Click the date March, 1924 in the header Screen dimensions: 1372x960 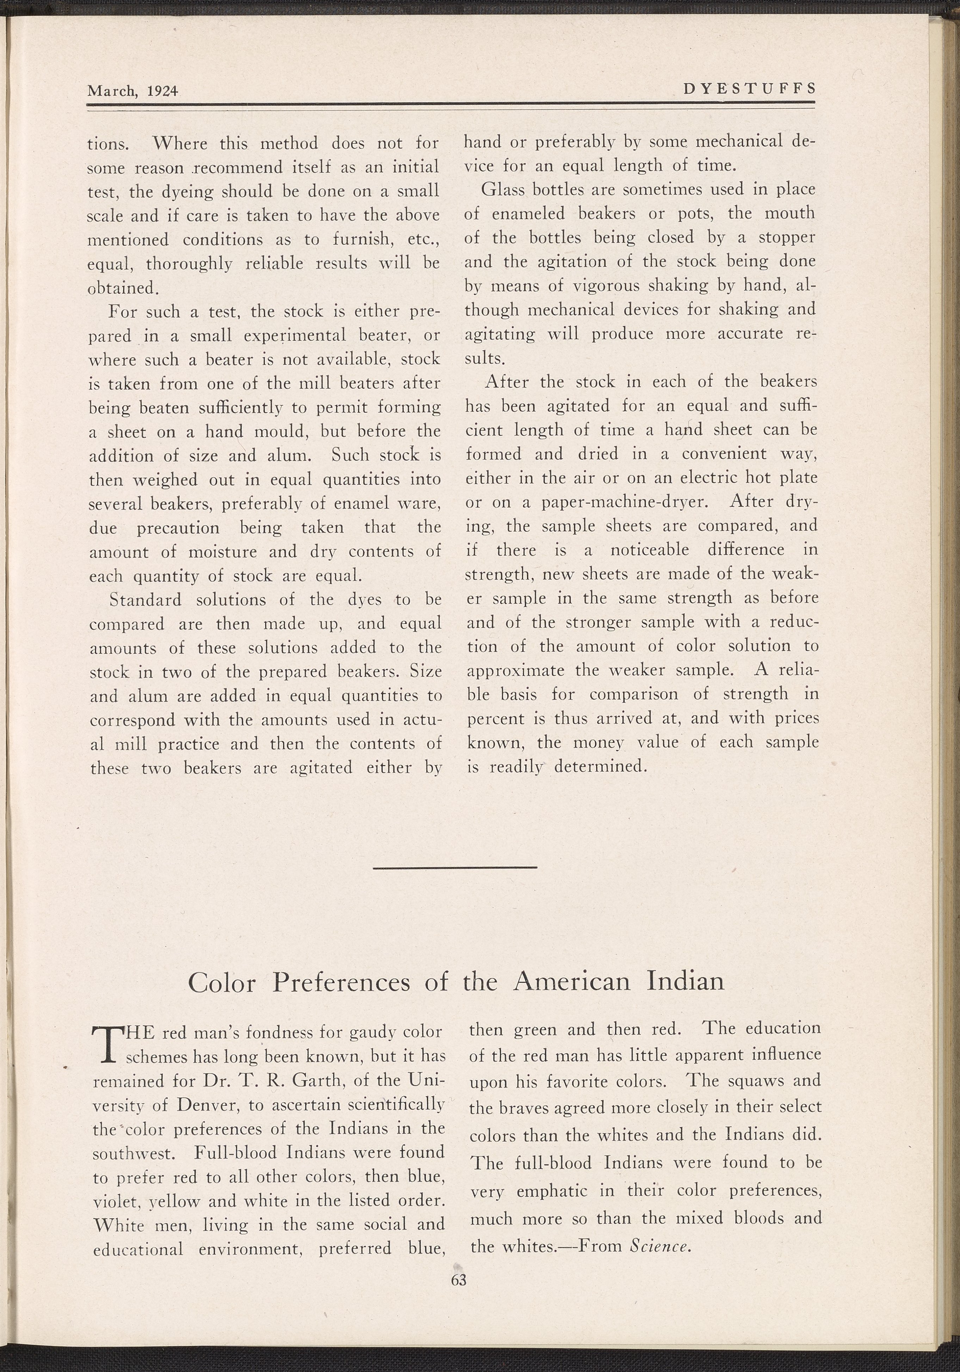133,91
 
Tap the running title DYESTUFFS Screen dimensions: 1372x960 749,89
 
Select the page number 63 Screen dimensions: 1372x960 459,1279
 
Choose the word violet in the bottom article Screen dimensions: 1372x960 113,1202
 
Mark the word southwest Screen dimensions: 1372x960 133,1153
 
